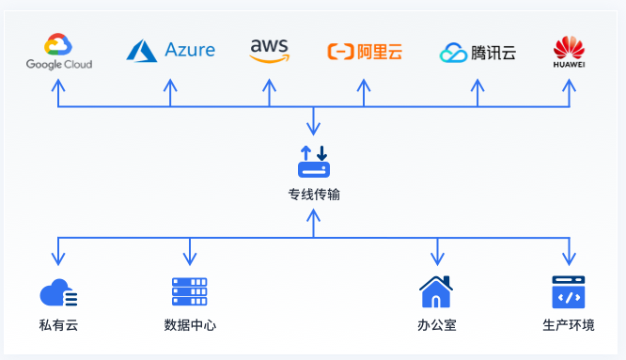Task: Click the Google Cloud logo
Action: point(58,52)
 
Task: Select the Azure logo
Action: point(171,50)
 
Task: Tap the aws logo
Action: point(270,51)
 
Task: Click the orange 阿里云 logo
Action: point(365,52)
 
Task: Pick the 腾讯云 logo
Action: point(477,53)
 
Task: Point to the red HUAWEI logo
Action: point(569,52)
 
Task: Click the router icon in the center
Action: point(314,162)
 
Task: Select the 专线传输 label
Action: point(314,195)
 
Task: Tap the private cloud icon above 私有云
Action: point(58,293)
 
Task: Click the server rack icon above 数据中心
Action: point(189,292)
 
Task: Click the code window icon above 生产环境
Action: point(569,292)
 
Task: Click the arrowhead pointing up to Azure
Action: point(170,84)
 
